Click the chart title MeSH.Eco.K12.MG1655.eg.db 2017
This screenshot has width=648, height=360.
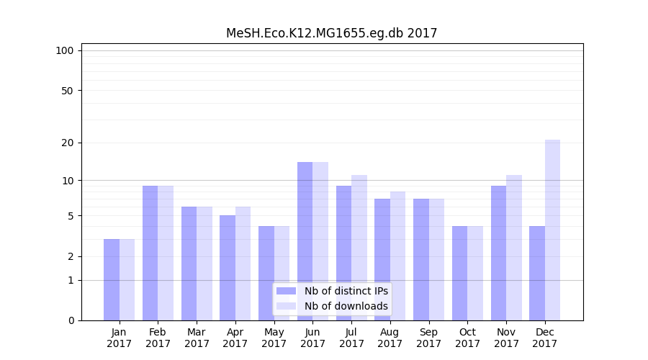point(331,33)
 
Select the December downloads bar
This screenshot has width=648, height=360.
point(552,230)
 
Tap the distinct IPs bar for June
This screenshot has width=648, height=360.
point(305,240)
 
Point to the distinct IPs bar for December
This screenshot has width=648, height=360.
point(537,273)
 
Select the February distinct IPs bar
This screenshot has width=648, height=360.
point(150,253)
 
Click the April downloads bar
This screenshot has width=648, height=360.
point(243,263)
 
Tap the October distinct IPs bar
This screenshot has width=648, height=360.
point(459,273)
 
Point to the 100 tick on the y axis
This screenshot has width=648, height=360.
point(65,50)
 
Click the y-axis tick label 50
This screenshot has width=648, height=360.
point(68,91)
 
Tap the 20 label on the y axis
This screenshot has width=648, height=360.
point(68,143)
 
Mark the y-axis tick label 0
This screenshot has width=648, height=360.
point(71,320)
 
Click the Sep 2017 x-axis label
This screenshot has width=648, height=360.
point(428,338)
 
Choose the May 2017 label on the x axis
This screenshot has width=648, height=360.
point(274,338)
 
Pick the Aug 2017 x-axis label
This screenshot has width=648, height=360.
point(390,338)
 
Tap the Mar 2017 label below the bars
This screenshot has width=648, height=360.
point(197,338)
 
